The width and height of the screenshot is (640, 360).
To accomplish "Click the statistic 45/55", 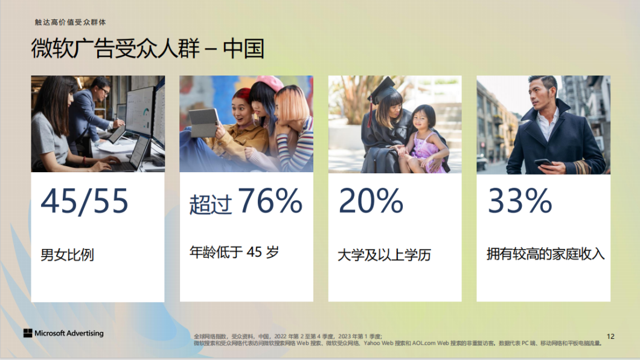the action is [85, 201].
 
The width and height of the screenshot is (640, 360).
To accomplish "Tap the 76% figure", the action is [270, 201].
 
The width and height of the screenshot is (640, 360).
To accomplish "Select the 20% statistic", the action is [371, 201].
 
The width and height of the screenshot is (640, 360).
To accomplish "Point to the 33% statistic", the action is [520, 201].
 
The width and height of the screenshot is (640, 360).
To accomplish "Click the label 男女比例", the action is [68, 255].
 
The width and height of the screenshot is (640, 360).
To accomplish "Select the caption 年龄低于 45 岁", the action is [234, 252].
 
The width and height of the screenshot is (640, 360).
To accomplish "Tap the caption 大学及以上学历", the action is [384, 255].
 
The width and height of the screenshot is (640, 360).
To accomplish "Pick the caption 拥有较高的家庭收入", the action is [545, 254].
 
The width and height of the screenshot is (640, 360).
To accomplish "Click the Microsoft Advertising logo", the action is [63, 333].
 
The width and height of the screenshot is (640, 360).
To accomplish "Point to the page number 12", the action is [610, 336].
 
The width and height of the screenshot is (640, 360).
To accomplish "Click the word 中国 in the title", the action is [244, 48].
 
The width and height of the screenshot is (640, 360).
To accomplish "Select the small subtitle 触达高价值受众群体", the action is [70, 22].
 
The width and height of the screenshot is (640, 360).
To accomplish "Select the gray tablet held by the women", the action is [204, 122].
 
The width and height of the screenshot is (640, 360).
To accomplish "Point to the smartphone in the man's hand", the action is [543, 162].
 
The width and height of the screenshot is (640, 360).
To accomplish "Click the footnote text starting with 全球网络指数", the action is [397, 339].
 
